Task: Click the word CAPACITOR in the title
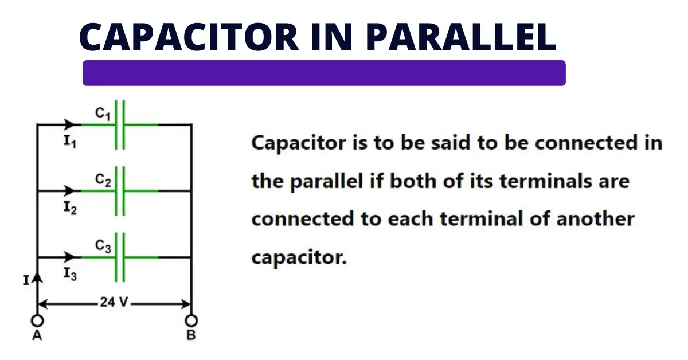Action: click(x=189, y=37)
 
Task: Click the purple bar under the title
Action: click(x=324, y=73)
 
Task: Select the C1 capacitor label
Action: click(x=103, y=115)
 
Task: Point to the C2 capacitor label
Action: click(x=103, y=181)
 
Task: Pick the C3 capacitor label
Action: click(x=103, y=247)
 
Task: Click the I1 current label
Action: click(x=70, y=142)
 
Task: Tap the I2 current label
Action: click(x=70, y=208)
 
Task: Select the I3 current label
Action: click(x=70, y=275)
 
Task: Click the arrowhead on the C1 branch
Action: click(x=71, y=124)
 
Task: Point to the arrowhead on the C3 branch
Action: click(x=71, y=257)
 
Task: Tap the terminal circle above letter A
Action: click(x=37, y=320)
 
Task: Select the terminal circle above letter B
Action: click(x=191, y=320)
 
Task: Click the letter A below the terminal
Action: click(x=37, y=336)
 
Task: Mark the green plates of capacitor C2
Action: click(x=120, y=191)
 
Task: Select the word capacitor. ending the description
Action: click(x=299, y=257)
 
